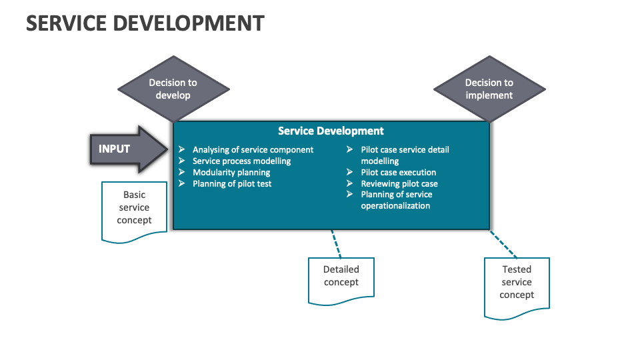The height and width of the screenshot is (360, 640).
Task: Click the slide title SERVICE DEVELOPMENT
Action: coord(145,23)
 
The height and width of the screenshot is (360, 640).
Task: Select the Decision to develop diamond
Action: coord(173,89)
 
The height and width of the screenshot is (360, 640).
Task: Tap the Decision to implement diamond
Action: coord(489,89)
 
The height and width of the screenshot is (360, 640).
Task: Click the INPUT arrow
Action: coord(127,149)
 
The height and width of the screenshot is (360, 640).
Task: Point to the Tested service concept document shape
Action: coord(517,283)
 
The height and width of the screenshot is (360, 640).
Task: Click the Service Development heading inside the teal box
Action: coord(331,131)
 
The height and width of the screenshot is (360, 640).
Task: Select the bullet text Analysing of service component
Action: coord(253,150)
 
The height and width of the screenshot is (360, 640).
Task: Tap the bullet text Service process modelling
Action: coord(241,161)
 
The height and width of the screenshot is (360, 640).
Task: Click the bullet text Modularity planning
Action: coord(231,172)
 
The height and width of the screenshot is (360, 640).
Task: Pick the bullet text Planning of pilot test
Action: coord(232,183)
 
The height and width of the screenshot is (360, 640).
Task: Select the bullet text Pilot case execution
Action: coord(398,172)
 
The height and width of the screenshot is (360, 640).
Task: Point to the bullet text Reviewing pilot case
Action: coord(399,183)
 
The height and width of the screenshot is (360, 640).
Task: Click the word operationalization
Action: coord(395,205)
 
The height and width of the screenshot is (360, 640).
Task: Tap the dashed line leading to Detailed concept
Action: coord(336,244)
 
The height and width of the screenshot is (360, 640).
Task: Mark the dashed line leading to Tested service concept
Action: coord(504,245)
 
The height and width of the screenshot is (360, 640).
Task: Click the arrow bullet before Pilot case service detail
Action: coord(349,150)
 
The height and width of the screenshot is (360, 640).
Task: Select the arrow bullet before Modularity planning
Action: coord(181,172)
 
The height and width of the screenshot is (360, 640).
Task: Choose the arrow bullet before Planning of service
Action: coord(349,194)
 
